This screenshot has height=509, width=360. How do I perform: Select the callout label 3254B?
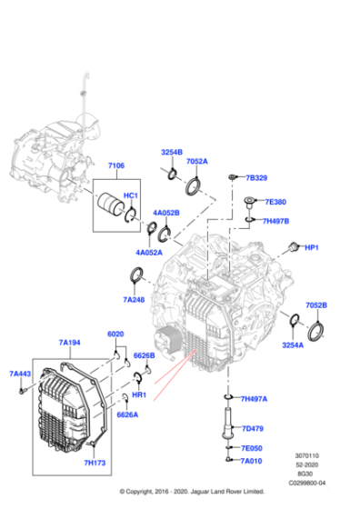pos(172,151)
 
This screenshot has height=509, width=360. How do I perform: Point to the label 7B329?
pos(256,177)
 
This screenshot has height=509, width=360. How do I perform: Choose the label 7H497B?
pos(275,220)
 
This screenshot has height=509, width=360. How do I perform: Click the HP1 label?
pos(312,247)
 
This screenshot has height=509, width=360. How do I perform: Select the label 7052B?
pos(316,305)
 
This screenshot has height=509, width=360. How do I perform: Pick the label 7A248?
pos(134,299)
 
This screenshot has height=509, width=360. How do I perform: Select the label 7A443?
pos(20,374)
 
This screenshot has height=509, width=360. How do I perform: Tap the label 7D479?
pos(251,428)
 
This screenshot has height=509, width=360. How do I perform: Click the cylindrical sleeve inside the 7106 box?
pos(113,207)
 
